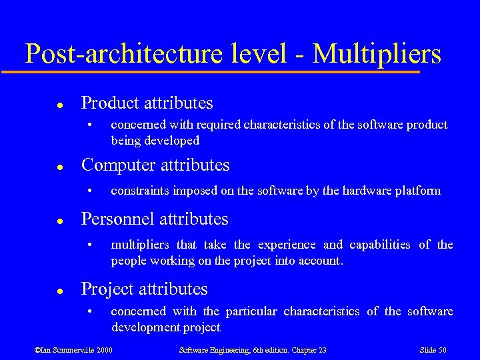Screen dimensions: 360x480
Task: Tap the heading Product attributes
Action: pos(147,103)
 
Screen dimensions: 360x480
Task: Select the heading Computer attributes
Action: pos(155,165)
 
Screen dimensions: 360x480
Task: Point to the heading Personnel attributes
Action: pos(154,219)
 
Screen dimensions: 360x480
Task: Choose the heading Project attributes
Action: pos(144,289)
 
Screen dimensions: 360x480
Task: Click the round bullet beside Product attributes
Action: pos(59,105)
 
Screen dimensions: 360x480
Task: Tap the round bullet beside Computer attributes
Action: pos(59,166)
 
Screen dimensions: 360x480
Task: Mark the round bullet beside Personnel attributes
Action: pos(59,221)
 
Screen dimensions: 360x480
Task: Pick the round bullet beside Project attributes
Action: pos(59,291)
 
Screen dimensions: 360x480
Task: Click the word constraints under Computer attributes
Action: pos(140,191)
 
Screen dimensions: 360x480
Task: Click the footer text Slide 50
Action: pos(433,350)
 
